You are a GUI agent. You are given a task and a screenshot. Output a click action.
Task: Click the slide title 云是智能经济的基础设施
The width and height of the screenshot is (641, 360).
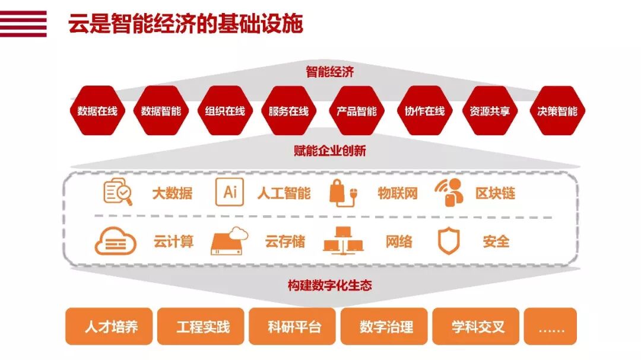pyautogui.click(x=185, y=24)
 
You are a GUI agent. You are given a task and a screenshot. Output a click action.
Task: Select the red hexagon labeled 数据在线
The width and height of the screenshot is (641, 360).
pyautogui.click(x=97, y=111)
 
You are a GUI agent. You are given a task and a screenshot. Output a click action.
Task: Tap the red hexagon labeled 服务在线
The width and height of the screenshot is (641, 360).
pyautogui.click(x=288, y=111)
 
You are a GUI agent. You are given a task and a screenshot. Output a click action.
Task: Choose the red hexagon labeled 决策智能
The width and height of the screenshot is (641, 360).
pyautogui.click(x=557, y=111)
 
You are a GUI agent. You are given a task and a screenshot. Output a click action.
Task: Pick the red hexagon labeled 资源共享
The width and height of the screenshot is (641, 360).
pyautogui.click(x=490, y=111)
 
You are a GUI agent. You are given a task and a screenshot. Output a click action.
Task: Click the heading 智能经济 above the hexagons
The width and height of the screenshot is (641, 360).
pyautogui.click(x=329, y=72)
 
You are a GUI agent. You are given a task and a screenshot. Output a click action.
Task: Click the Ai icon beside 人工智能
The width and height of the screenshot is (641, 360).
pyautogui.click(x=230, y=192)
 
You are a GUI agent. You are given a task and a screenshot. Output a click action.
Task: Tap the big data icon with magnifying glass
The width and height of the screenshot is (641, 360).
pyautogui.click(x=118, y=192)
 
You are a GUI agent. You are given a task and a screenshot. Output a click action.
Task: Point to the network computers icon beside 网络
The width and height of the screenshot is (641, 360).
pyautogui.click(x=342, y=241)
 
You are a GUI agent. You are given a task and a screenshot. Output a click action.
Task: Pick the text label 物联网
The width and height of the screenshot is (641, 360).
pyautogui.click(x=398, y=193)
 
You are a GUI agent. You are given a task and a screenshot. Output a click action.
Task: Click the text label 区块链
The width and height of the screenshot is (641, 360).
pyautogui.click(x=495, y=193)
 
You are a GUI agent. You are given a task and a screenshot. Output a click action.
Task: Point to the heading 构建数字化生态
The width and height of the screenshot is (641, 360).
pyautogui.click(x=329, y=285)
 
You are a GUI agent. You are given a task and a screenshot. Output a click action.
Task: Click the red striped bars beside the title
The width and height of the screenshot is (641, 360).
pyautogui.click(x=23, y=24)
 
